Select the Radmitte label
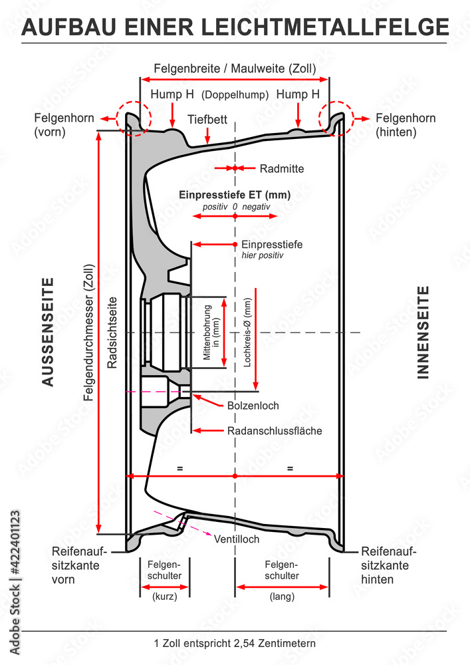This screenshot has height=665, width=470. click(x=281, y=169)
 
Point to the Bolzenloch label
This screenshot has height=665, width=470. click(x=253, y=405)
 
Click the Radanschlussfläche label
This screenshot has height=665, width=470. click(x=274, y=431)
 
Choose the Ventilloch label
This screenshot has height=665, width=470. click(x=237, y=539)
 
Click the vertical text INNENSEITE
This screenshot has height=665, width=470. click(x=423, y=332)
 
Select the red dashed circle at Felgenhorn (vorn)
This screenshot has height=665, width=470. click(x=134, y=119)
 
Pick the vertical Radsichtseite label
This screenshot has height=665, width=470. click(x=112, y=332)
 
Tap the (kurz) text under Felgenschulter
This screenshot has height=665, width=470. click(x=164, y=597)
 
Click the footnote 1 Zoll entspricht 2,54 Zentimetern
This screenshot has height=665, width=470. click(x=234, y=643)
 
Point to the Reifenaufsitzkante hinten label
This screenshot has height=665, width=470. click(x=388, y=565)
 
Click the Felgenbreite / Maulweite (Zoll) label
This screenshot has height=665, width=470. click(x=235, y=68)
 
